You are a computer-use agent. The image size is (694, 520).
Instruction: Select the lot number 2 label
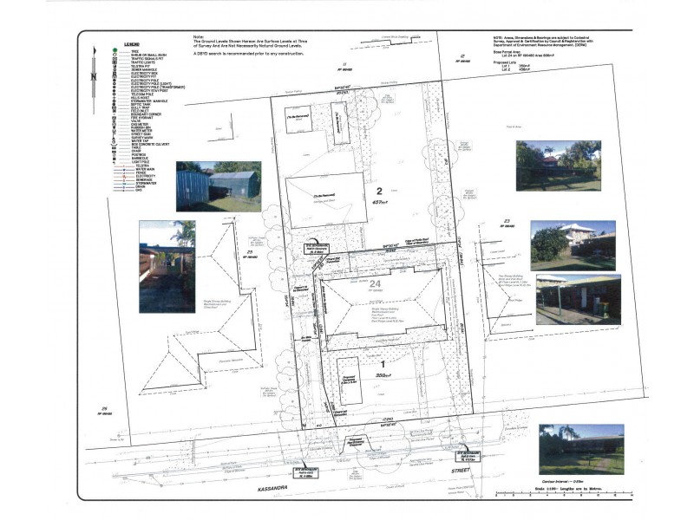[x=379, y=191]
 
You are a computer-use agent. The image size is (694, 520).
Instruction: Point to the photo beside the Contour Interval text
[x=580, y=450]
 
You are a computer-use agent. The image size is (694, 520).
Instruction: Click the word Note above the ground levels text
[x=200, y=36]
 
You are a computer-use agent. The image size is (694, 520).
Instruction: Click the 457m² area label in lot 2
[x=379, y=203]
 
